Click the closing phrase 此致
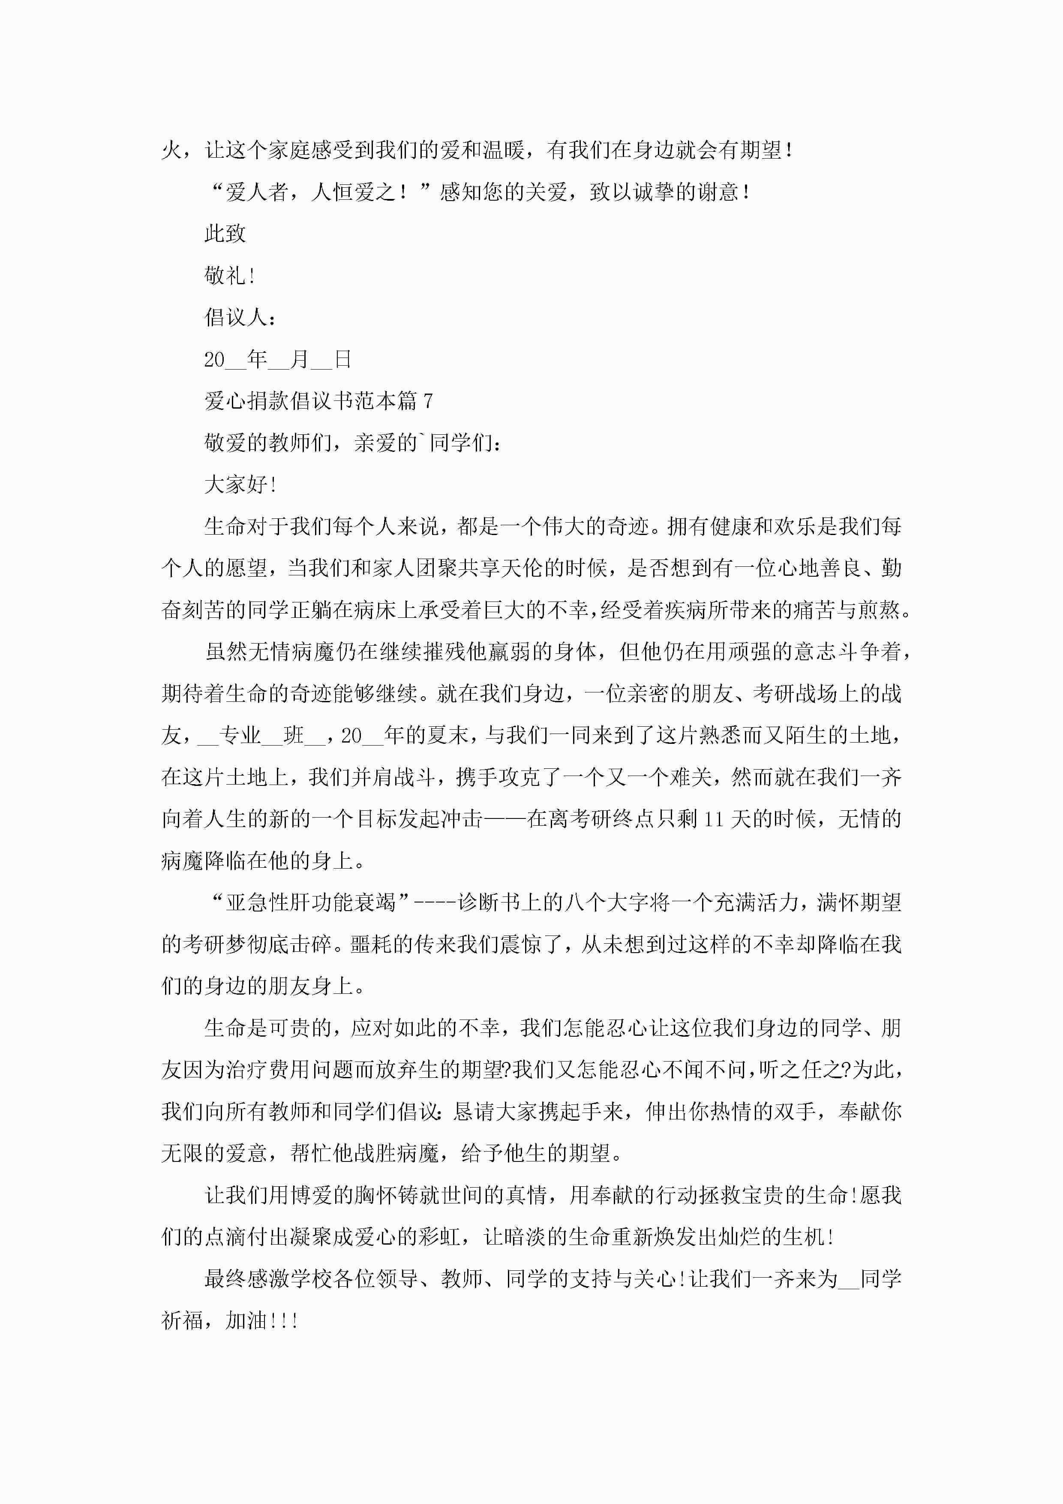[225, 234]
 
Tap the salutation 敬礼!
[229, 276]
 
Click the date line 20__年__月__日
[278, 359]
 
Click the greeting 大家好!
[240, 485]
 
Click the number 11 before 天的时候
[713, 819]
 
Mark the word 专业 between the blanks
[240, 736]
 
